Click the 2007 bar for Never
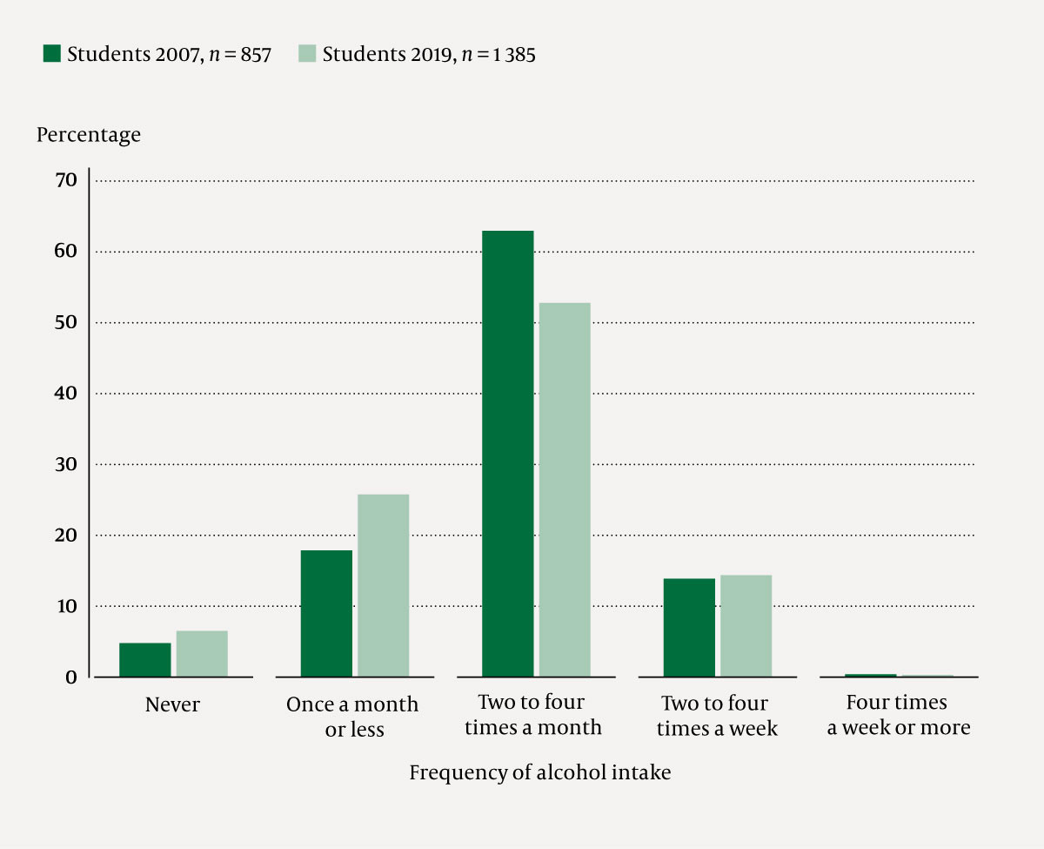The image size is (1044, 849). [145, 660]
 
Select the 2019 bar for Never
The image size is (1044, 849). [202, 654]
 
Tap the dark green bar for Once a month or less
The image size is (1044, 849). [326, 613]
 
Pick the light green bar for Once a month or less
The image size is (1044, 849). [383, 585]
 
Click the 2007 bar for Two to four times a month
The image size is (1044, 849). [507, 454]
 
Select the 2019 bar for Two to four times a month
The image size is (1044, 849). [564, 489]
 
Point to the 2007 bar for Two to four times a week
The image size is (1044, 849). [689, 627]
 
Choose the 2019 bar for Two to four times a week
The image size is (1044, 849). [746, 625]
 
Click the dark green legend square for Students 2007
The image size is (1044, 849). [52, 54]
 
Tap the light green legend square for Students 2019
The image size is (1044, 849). [307, 54]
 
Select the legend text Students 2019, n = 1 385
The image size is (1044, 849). [429, 54]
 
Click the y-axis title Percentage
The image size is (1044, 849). [88, 135]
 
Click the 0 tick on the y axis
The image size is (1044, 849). [71, 677]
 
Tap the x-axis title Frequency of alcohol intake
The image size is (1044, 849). [539, 772]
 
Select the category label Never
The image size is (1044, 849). [172, 704]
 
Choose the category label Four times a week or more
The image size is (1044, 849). [898, 715]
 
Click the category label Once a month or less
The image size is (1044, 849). [353, 717]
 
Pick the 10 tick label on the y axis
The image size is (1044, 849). [68, 605]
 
